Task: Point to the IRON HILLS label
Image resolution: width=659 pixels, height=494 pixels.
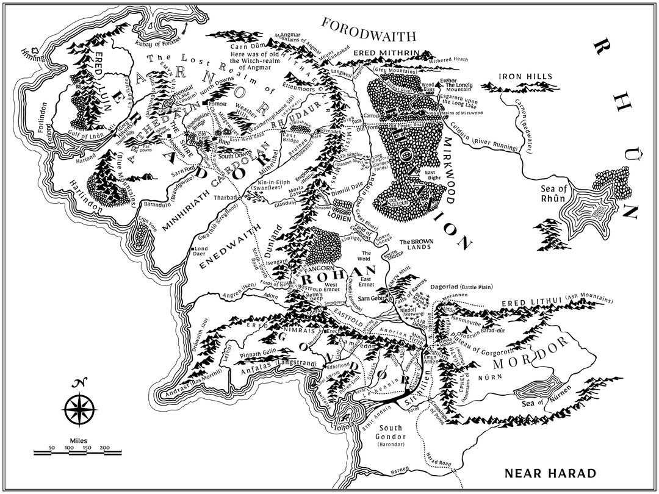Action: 525,77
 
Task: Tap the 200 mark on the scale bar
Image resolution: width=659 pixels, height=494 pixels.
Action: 105,448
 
